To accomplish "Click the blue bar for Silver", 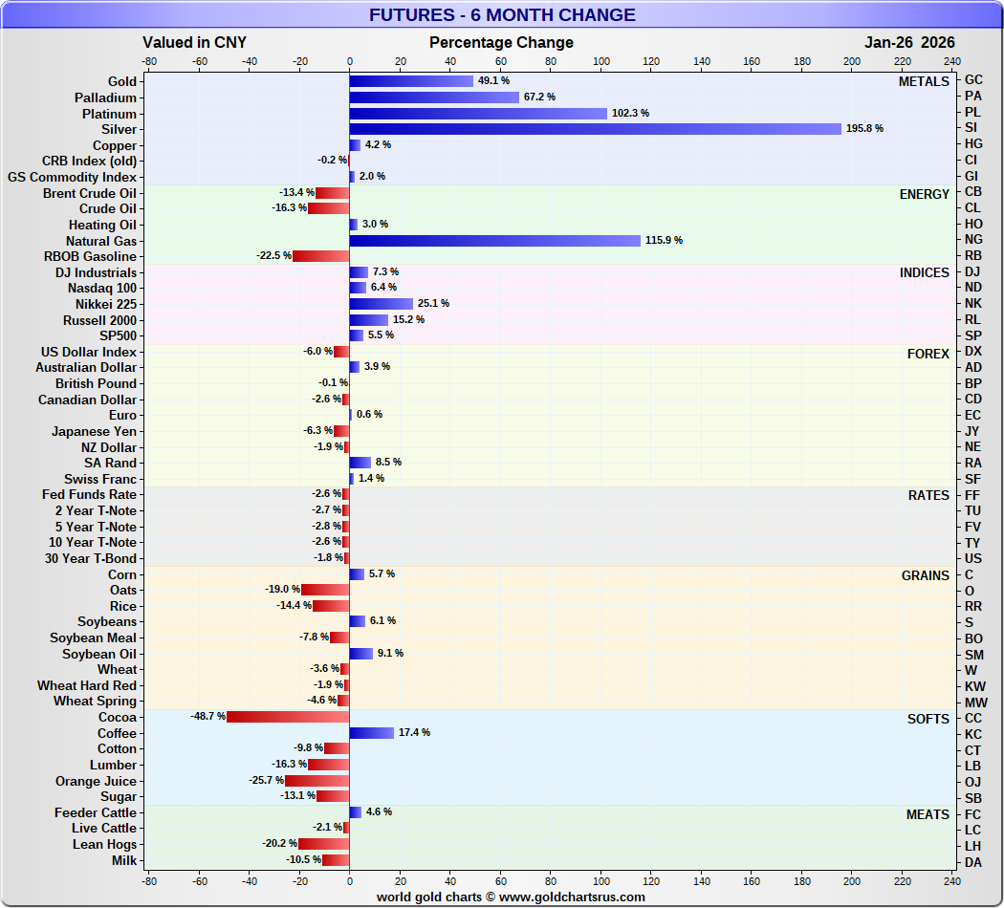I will point(595,129).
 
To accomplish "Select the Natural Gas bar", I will point(494,241).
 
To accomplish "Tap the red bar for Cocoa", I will point(288,717).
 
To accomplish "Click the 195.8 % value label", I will point(864,129).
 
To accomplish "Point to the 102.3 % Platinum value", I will point(630,113).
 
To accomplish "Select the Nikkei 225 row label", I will point(102,304).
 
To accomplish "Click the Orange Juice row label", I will point(96,781).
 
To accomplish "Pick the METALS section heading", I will point(924,81).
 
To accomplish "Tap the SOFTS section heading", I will point(928,719).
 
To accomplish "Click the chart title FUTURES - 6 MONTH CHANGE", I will point(502,15).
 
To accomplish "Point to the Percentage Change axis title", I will point(501,43).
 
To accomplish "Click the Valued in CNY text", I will point(194,43).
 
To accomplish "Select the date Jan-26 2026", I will point(909,43).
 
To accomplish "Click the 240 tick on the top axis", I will point(951,61).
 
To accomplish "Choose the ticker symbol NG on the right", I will point(973,241).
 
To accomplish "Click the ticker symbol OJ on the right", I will point(973,782).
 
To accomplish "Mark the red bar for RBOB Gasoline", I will point(320,256).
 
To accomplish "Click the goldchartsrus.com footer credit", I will point(511,897).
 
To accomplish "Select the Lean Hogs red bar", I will point(323,844).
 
